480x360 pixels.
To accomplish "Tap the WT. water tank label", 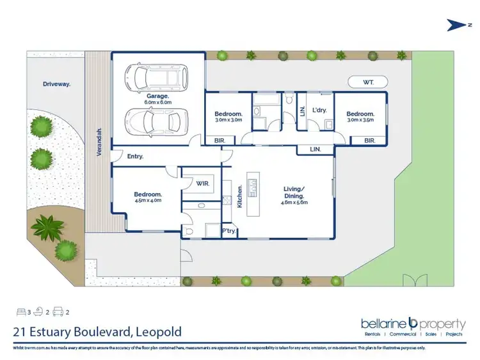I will pyautogui.click(x=367, y=82).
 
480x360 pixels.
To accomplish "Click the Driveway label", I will pyautogui.click(x=56, y=84).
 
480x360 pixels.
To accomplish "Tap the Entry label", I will pyautogui.click(x=135, y=156).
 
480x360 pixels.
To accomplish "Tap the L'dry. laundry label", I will pyautogui.click(x=319, y=110).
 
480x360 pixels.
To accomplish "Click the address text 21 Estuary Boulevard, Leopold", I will pyautogui.click(x=97, y=331).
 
